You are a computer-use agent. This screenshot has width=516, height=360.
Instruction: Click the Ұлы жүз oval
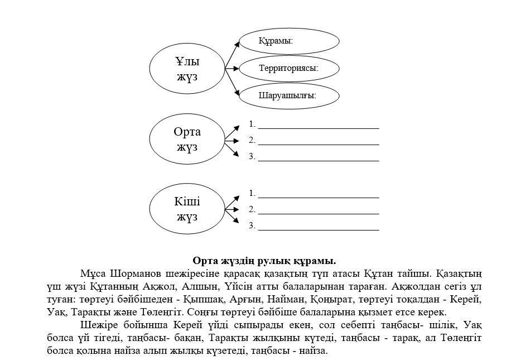click(187, 69)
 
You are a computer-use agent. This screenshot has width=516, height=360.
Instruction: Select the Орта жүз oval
click(187, 140)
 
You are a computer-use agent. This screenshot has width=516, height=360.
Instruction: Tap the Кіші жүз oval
click(187, 209)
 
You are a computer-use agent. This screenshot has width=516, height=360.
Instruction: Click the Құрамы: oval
click(289, 41)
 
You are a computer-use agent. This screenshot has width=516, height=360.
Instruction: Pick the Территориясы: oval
click(289, 68)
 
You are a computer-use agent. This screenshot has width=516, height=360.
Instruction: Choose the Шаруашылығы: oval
click(289, 95)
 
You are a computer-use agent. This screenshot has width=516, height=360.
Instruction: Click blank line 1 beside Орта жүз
click(318, 127)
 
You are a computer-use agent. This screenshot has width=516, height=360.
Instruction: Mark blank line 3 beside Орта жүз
click(318, 160)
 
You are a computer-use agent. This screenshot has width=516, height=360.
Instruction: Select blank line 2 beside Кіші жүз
click(318, 213)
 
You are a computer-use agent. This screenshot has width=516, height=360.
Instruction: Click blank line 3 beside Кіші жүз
click(318, 229)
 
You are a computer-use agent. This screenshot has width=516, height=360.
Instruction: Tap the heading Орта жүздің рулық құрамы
click(264, 261)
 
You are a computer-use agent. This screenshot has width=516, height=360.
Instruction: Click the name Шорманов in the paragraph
click(137, 274)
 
